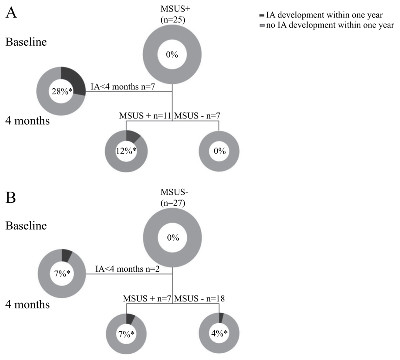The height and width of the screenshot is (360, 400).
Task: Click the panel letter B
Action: pyautogui.click(x=10, y=198)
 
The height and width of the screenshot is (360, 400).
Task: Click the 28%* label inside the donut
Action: pyautogui.click(x=61, y=91)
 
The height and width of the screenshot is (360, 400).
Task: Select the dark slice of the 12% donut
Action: pyautogui.click(x=132, y=135)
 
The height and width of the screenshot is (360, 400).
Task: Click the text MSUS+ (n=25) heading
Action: pyautogui.click(x=172, y=15)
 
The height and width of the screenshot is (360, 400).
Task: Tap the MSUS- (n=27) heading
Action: pyautogui.click(x=173, y=199)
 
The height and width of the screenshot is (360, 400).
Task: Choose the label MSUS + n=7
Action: pyautogui.click(x=147, y=298)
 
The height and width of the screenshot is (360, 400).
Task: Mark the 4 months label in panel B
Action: pyautogui.click(x=28, y=304)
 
